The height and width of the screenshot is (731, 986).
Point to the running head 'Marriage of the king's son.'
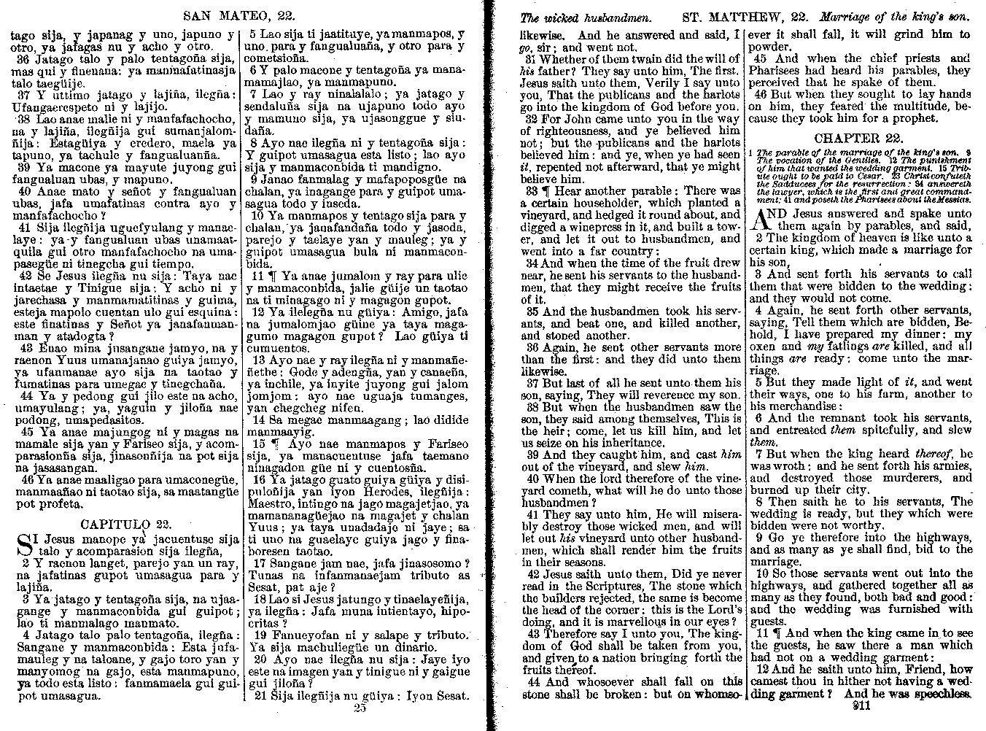coord(894,15)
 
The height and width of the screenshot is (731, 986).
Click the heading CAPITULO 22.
coord(125,524)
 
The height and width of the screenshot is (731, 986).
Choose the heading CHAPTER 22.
coord(859,138)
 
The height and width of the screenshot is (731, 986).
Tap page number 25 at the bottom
coord(359,707)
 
